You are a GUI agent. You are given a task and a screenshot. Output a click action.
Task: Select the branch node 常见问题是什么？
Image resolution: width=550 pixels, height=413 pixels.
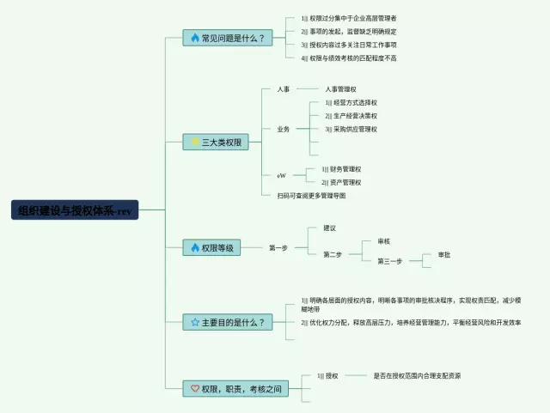[229, 38]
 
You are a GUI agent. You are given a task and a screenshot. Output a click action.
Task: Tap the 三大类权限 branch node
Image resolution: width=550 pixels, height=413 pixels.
[216, 142]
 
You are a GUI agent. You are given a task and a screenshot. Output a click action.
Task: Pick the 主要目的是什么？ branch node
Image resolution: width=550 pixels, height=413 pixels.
[229, 322]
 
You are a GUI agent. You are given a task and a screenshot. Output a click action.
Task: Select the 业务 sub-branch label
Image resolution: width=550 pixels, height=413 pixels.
[283, 129]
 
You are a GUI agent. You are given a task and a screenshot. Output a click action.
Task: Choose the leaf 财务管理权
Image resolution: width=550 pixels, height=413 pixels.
[345, 169]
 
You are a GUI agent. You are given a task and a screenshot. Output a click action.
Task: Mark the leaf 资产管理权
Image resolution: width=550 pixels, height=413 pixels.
[345, 182]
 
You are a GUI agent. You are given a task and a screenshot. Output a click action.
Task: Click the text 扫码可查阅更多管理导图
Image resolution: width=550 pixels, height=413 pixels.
[311, 195]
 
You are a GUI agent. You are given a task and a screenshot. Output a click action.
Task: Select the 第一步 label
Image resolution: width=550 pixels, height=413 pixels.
[278, 248]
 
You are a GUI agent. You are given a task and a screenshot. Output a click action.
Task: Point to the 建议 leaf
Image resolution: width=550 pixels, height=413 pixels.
[329, 228]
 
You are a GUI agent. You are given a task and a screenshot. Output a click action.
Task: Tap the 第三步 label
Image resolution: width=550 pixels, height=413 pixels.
[388, 261]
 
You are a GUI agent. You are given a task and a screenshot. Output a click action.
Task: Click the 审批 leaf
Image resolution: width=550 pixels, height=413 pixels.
[444, 255]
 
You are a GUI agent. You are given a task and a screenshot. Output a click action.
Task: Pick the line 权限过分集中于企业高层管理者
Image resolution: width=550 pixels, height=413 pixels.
[353, 18]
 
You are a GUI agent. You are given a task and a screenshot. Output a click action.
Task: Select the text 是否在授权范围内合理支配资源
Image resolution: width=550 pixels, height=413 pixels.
[417, 375]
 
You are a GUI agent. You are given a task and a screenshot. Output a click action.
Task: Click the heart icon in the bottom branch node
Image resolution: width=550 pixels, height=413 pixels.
[195, 389]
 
